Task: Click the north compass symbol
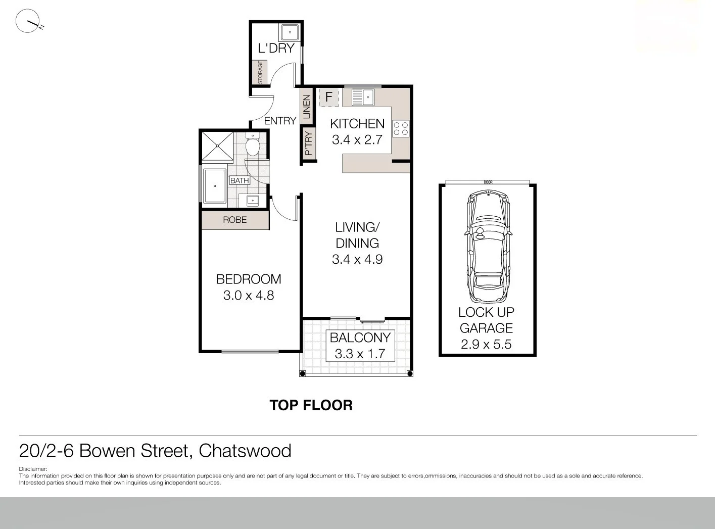pos(28,21)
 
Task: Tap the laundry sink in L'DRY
pos(291,32)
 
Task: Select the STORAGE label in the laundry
pos(260,73)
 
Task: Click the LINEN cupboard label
pos(307,107)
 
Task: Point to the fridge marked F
pos(328,97)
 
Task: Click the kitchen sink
pos(362,97)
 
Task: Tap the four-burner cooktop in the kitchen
pos(401,129)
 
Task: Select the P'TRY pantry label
pos(309,144)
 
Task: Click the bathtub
pos(215,186)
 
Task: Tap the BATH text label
pos(240,180)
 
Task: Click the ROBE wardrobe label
pos(235,220)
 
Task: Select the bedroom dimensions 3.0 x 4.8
pos(248,296)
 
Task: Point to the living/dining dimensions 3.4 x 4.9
pos(357,260)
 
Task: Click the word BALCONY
pos(360,338)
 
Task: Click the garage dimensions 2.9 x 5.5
pos(486,345)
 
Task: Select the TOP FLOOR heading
pos(311,405)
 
